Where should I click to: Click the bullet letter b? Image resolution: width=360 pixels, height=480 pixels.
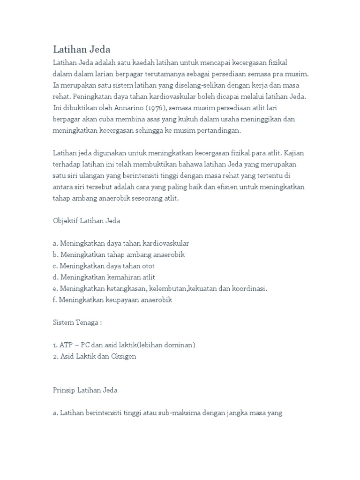(x=55, y=255)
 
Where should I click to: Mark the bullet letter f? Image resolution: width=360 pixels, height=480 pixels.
(x=54, y=300)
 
